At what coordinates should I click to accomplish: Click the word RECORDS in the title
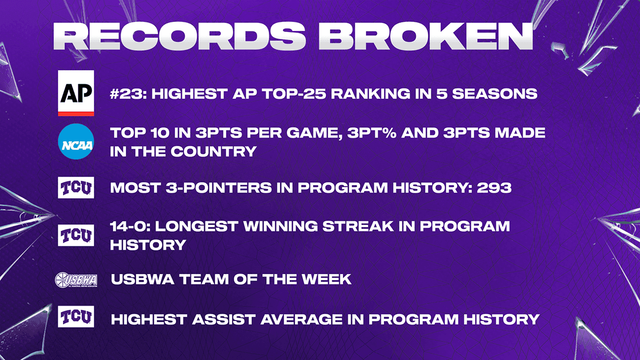point(179,37)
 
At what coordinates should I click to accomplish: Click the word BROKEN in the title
point(426,37)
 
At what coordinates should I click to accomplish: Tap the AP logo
point(76,93)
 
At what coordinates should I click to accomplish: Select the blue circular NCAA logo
point(76,141)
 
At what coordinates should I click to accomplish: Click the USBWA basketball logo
point(76,279)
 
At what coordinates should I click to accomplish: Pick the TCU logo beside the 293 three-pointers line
point(76,187)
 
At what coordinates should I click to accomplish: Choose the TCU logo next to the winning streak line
point(76,235)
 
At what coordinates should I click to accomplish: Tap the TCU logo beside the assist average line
point(76,317)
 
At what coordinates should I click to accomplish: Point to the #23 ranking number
point(129,94)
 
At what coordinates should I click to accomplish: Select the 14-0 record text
point(130,226)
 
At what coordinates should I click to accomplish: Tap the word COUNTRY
point(213,151)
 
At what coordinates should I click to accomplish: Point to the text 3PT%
point(372,133)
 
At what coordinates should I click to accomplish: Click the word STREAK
point(358,226)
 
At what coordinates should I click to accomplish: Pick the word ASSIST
point(223,319)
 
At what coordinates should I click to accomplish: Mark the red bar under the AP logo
point(76,114)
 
